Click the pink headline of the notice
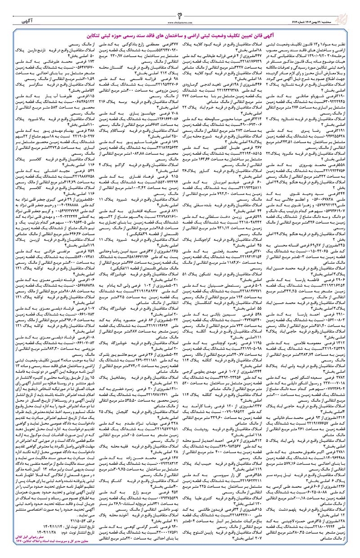click(x=180, y=33)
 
